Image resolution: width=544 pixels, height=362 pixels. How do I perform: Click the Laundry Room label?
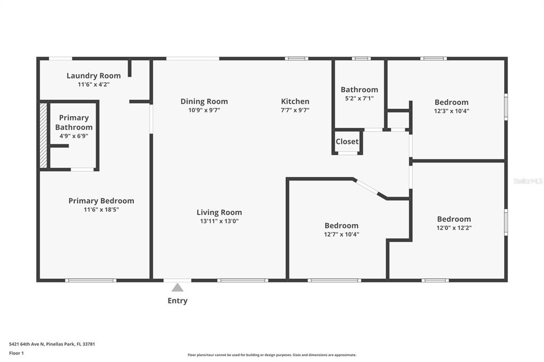pyautogui.click(x=93, y=75)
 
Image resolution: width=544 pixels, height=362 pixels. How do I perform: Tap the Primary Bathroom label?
pyautogui.click(x=74, y=123)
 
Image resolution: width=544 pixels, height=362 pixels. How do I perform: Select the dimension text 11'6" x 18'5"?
pyautogui.click(x=101, y=210)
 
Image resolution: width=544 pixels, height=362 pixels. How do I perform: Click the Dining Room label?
pyautogui.click(x=204, y=101)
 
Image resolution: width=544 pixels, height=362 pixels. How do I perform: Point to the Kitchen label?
pyautogui.click(x=295, y=101)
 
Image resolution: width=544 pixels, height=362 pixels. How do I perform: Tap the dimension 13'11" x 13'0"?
pyautogui.click(x=219, y=221)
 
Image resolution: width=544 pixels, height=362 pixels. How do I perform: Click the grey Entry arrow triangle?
pyautogui.click(x=177, y=288)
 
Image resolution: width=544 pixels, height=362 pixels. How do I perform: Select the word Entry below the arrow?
pyautogui.click(x=177, y=301)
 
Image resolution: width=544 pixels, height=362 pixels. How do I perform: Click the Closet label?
pyautogui.click(x=347, y=142)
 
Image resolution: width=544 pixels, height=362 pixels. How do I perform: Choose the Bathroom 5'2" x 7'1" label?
pyautogui.click(x=360, y=90)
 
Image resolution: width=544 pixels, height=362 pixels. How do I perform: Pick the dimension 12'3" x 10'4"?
pyautogui.click(x=452, y=111)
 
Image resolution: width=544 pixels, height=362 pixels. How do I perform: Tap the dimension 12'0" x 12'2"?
pyautogui.click(x=454, y=228)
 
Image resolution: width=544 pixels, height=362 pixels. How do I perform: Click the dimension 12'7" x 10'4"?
pyautogui.click(x=342, y=234)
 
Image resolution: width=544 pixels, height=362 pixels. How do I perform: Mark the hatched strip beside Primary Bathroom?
pyautogui.click(x=44, y=135)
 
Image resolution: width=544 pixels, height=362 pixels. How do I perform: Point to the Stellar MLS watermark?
pyautogui.click(x=528, y=181)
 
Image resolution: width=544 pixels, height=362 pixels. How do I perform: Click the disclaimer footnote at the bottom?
pyautogui.click(x=271, y=355)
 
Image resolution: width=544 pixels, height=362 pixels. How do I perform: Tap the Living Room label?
pyautogui.click(x=219, y=212)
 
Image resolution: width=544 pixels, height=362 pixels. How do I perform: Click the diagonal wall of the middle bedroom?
pyautogui.click(x=368, y=187)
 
